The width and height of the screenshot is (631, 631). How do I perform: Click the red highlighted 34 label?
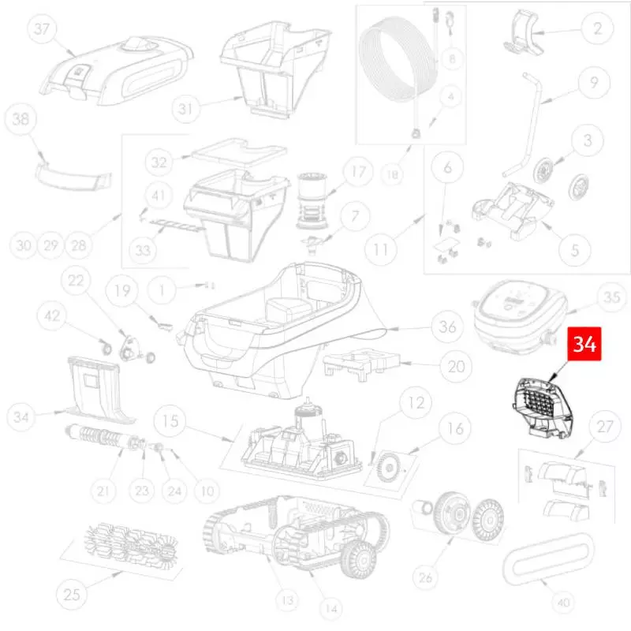584,344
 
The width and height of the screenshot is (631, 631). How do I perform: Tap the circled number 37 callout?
42,28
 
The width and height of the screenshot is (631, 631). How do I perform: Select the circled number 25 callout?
71,594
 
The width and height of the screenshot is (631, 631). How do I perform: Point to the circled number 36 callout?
447,327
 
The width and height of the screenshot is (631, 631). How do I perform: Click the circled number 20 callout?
456,366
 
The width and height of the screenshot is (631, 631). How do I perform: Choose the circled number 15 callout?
170,421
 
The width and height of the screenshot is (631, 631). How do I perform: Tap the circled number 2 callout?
597,28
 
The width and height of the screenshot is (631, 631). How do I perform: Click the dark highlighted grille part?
543,408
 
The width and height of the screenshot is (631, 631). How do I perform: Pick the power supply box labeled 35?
520,316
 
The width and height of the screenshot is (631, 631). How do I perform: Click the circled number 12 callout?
416,402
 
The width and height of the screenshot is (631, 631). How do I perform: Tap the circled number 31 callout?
185,108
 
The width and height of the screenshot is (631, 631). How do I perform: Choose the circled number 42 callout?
52,316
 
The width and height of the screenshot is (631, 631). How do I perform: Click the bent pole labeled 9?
525,125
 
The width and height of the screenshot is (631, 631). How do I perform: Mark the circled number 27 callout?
604,427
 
